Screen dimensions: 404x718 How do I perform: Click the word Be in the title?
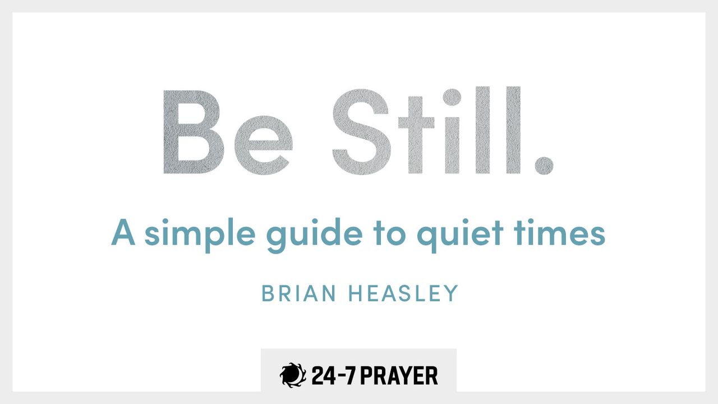tap(227, 131)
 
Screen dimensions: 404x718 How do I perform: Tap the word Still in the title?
tap(426, 131)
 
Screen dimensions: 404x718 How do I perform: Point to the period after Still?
tap(543, 163)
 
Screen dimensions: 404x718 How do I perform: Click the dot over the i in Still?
tap(452, 96)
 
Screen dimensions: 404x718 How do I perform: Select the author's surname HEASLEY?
tap(404, 293)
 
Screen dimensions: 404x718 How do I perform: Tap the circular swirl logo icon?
tap(293, 375)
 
